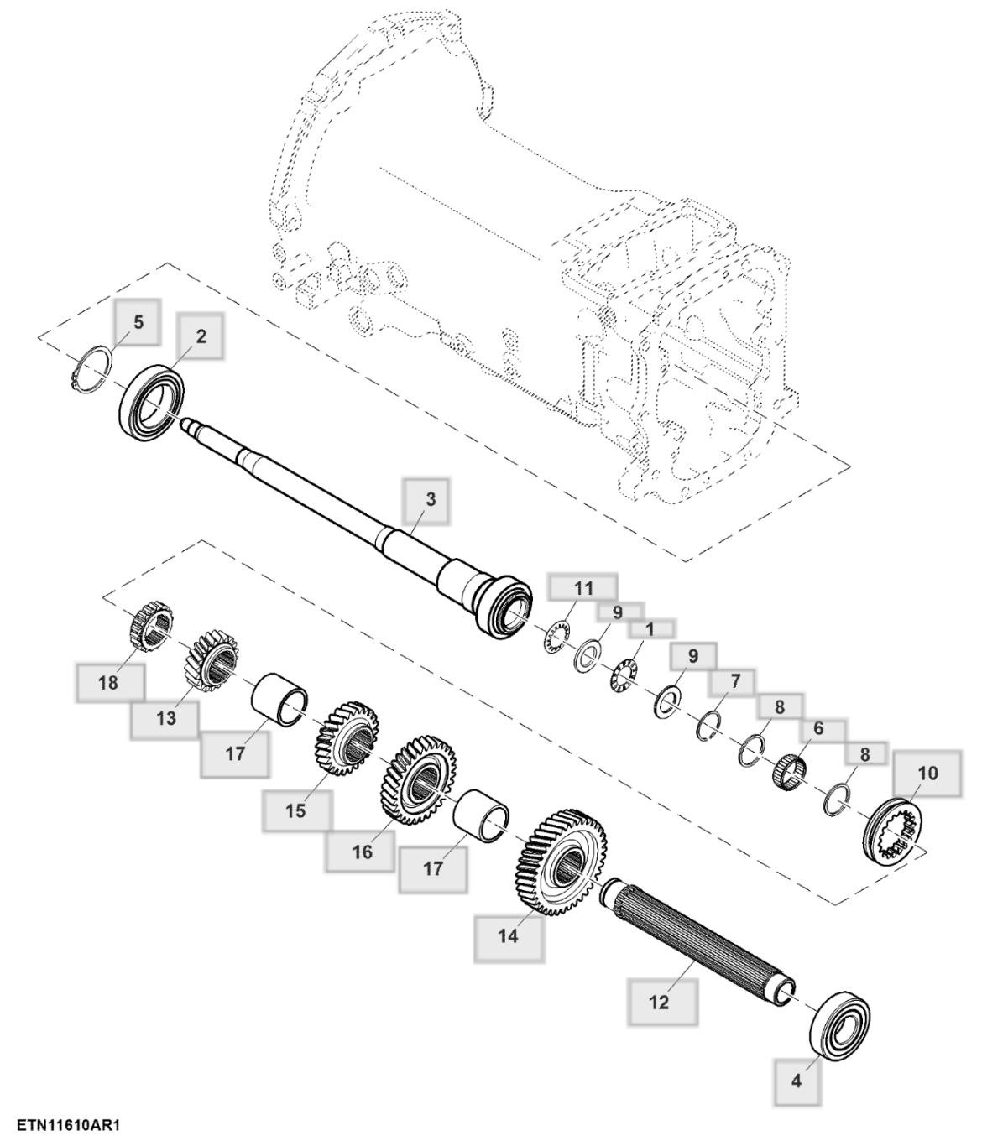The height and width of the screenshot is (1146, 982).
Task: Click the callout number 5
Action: [x=138, y=322]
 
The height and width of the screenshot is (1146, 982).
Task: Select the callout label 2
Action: [x=201, y=336]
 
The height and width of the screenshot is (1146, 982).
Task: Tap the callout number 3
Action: [x=431, y=499]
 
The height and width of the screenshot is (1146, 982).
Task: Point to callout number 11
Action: [x=583, y=588]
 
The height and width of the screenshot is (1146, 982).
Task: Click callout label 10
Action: [x=927, y=773]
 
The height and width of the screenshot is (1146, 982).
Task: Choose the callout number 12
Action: [x=660, y=1002]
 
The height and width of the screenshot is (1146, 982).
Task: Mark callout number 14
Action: [x=509, y=936]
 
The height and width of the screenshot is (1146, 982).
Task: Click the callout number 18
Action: [x=108, y=683]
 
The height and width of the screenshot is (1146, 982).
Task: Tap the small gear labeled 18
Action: [x=152, y=626]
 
